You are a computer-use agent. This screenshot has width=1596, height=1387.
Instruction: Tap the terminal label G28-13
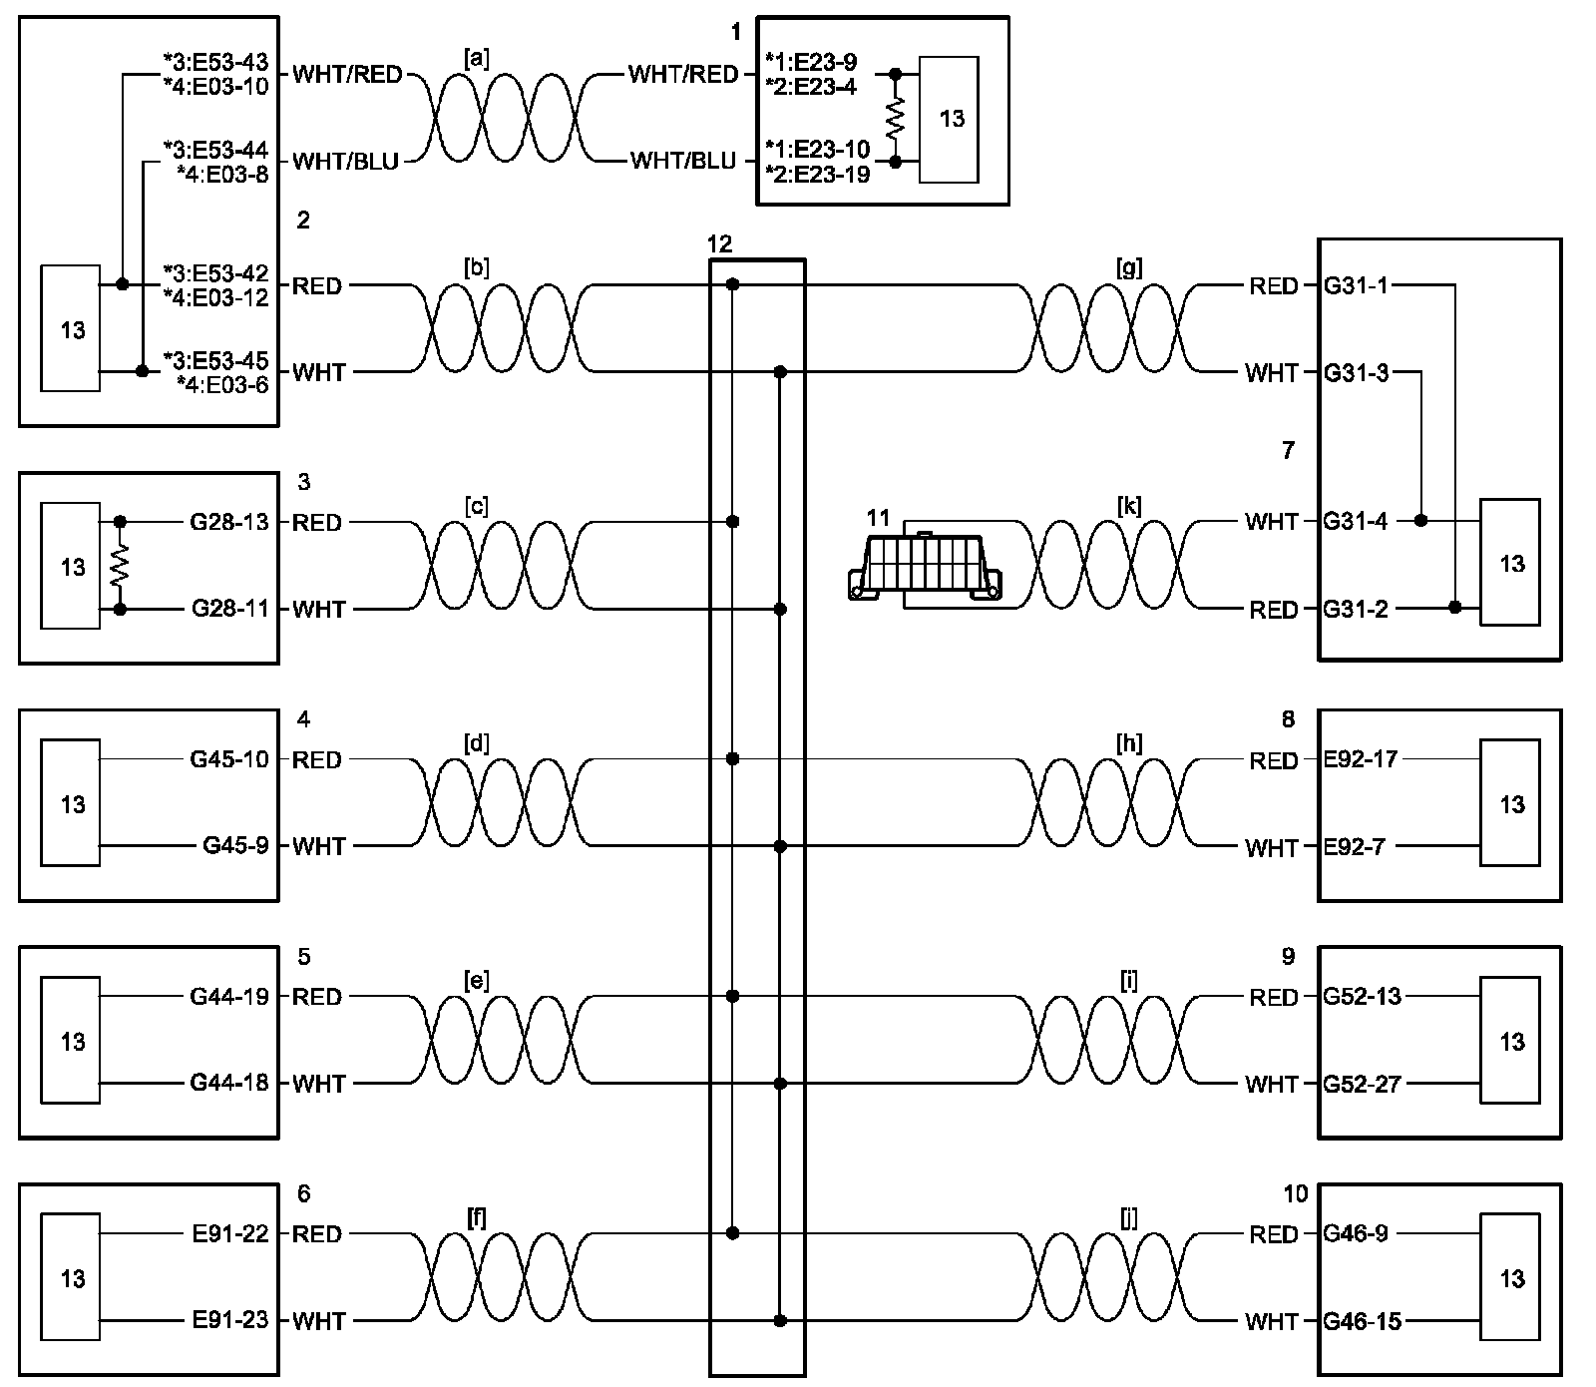tap(229, 522)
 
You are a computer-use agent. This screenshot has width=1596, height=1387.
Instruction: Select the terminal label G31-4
tap(1356, 521)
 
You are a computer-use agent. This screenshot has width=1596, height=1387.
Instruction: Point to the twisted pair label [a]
tap(477, 60)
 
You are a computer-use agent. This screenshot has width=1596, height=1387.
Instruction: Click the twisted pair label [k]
tap(1129, 506)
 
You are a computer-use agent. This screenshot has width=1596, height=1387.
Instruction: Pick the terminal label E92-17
tap(1361, 759)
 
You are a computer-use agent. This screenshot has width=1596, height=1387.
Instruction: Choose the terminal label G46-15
tap(1362, 1321)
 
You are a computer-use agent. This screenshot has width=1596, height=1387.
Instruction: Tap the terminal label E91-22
tap(229, 1234)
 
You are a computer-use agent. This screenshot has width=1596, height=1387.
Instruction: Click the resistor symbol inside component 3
tap(121, 566)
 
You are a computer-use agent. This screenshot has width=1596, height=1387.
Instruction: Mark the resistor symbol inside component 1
tap(895, 118)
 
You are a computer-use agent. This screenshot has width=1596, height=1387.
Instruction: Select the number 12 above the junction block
tap(719, 244)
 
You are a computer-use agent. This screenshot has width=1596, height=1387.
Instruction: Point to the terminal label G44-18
tap(229, 1084)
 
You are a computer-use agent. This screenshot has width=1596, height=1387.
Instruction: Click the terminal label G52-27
tap(1362, 1084)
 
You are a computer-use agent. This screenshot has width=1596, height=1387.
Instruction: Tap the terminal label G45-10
tap(229, 759)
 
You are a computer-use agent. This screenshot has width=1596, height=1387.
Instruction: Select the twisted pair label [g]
tap(1129, 268)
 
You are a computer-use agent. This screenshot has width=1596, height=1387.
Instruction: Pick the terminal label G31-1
tap(1356, 285)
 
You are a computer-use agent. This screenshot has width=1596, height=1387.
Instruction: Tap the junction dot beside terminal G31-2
tap(1455, 608)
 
